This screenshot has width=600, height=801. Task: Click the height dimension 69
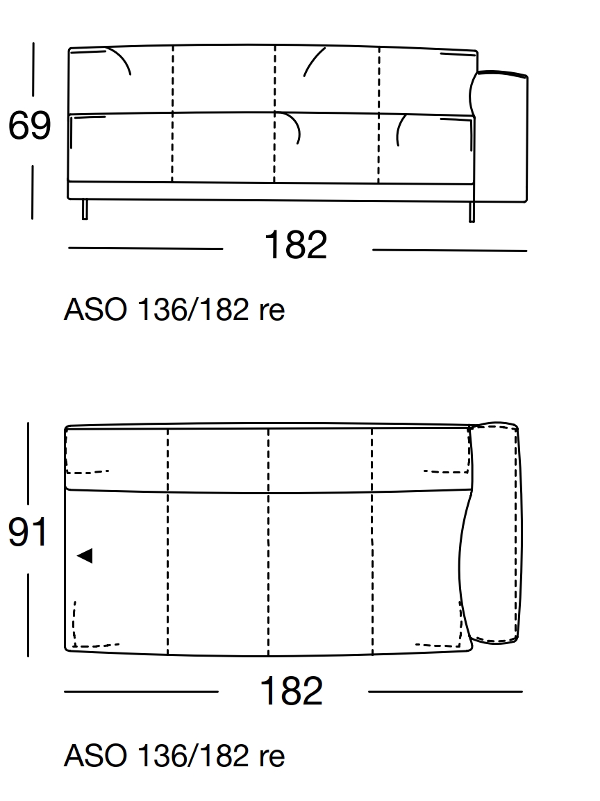point(30,126)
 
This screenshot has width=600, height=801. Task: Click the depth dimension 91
point(28,533)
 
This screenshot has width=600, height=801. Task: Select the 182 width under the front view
point(296,246)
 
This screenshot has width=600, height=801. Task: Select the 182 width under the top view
point(292,691)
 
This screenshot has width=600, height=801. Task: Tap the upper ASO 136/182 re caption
point(174,310)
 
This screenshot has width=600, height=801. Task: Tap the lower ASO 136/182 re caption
point(174,756)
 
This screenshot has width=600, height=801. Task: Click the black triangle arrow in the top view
point(85,555)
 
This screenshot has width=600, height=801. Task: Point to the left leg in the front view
point(85,209)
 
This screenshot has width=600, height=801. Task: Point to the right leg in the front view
point(472,211)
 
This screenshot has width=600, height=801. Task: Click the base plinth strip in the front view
point(271,191)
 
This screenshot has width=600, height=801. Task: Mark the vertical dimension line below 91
point(28,614)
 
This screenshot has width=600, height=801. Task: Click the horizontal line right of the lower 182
point(445,691)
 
